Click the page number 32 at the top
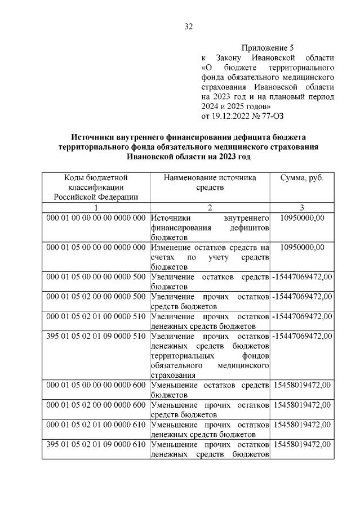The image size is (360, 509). point(189,26)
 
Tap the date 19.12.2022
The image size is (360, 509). point(231,117)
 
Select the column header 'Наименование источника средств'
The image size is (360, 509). point(210,182)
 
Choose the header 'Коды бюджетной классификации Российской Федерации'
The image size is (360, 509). point(95,187)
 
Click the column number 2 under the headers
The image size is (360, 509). point(210,207)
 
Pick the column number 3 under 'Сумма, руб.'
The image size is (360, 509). point(301,207)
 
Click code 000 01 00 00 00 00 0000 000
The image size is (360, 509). point(95,218)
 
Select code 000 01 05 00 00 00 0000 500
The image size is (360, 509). point(95,276)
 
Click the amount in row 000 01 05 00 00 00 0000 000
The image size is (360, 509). point(302,247)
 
